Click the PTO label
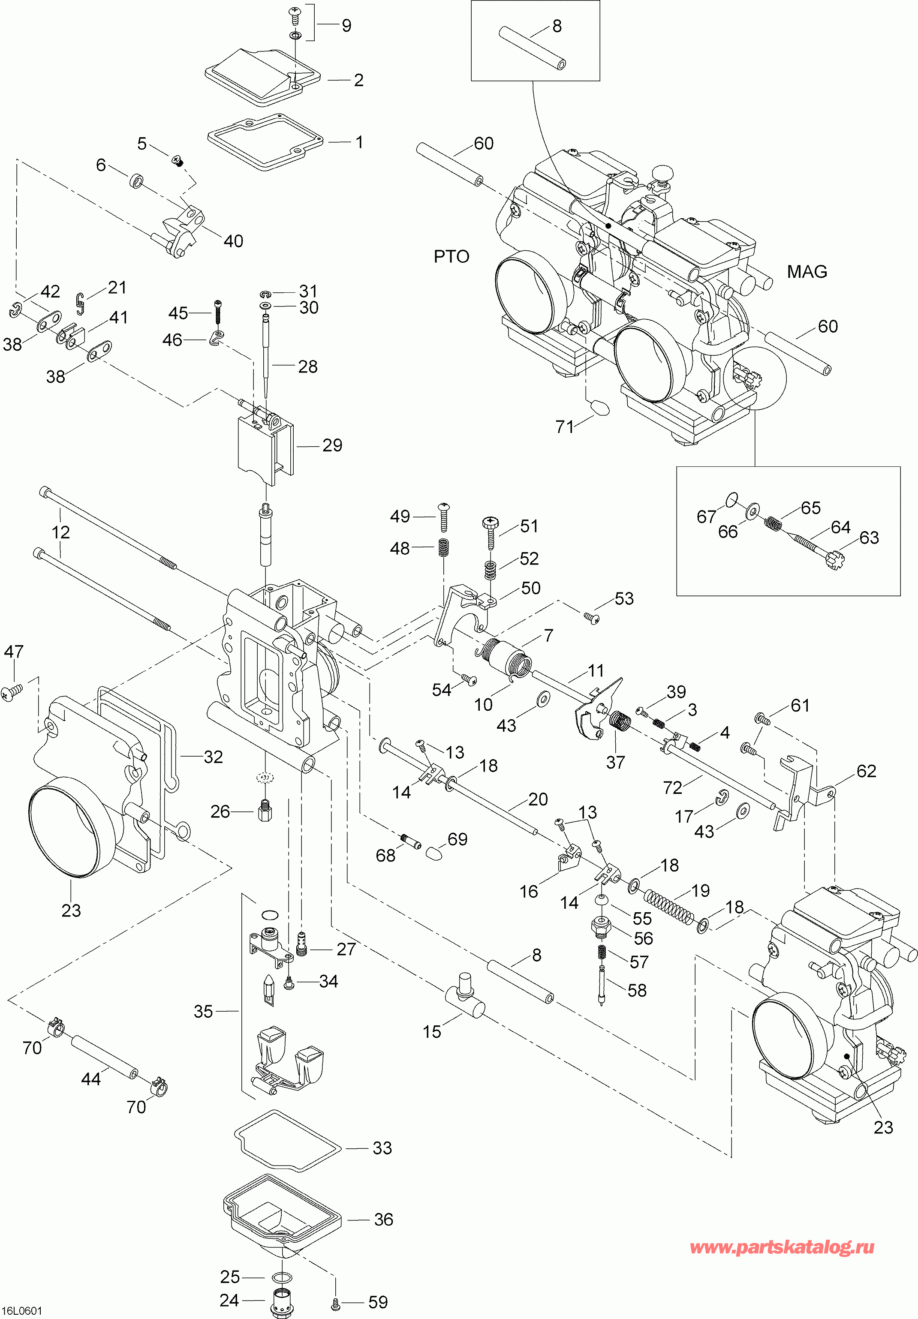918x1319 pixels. (451, 256)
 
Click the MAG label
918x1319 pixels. (807, 271)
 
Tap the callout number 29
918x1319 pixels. (332, 445)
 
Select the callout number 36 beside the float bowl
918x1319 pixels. (383, 1219)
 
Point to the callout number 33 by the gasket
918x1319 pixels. (382, 1148)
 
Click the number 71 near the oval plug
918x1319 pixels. (565, 427)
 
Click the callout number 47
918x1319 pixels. (14, 652)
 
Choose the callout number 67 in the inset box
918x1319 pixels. (706, 517)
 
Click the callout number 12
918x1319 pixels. (60, 532)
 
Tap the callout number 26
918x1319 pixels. (220, 812)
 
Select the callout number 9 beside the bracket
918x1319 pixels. (346, 25)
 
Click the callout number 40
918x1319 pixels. (233, 241)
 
